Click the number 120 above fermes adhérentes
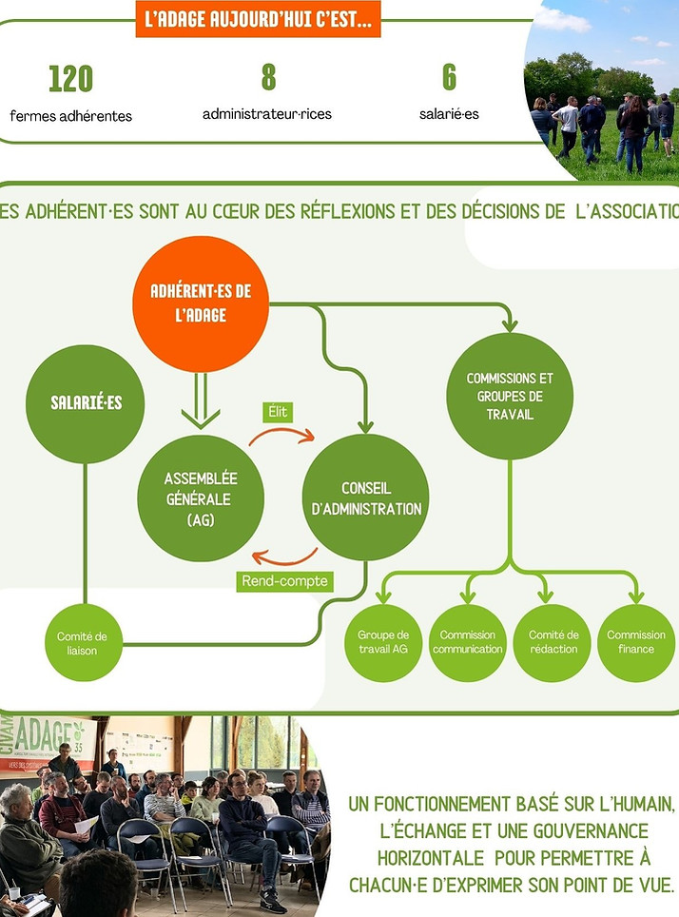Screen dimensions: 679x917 (70, 79)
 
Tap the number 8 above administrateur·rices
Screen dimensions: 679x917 (268, 77)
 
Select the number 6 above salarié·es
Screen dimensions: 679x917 (449, 77)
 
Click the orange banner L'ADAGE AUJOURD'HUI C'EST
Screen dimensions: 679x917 (258, 19)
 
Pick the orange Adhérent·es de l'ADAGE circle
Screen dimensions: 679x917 (201, 303)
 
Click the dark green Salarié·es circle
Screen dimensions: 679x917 (85, 403)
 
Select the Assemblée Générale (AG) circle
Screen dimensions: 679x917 (201, 498)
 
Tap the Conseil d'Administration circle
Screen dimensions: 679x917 (365, 498)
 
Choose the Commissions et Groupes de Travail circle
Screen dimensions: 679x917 (510, 396)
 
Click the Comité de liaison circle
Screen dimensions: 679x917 (84, 643)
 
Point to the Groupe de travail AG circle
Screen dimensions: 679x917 (383, 643)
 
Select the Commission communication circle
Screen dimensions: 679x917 (467, 643)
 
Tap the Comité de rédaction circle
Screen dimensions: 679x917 (553, 643)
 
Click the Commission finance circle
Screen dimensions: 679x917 (636, 643)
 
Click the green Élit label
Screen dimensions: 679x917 (278, 412)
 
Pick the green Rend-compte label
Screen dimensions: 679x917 (284, 581)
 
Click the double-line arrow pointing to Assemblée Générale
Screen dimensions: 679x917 (201, 400)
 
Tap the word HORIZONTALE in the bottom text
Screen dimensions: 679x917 (431, 858)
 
